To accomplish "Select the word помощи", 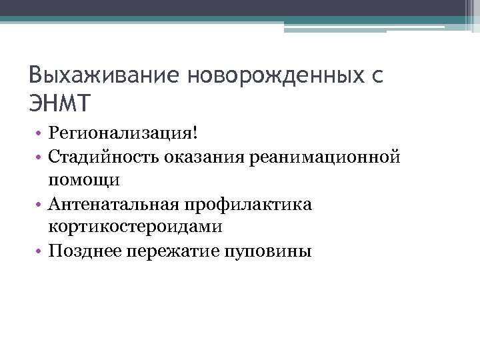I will pos(84,180).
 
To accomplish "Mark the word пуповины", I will pos(267,251).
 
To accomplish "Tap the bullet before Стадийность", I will pos(41,158).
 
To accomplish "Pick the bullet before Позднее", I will pos(41,251).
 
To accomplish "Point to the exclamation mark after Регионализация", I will pos(195,133).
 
